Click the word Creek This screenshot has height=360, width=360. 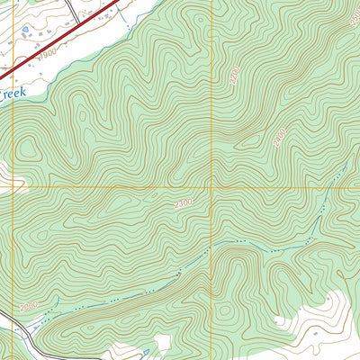[14, 92]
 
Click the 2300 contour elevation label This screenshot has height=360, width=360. [183, 205]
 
